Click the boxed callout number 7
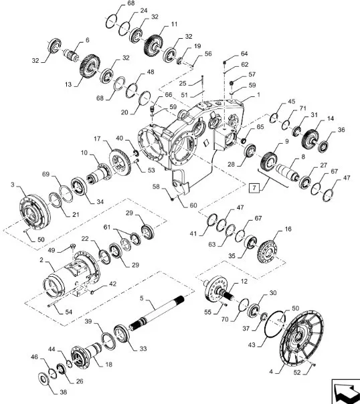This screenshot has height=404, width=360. coord(254,187)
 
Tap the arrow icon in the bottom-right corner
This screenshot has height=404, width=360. coord(346,392)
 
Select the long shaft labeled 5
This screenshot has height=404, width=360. coord(157,312)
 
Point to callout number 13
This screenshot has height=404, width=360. coord(68,84)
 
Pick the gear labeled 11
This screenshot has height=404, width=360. coord(153,45)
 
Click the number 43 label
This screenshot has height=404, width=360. coord(252,344)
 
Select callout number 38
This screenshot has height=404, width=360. coord(63,392)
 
